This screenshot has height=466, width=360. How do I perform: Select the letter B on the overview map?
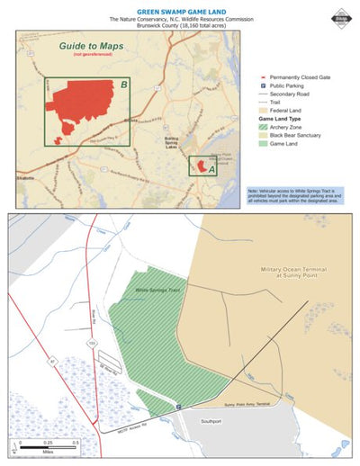click(x=122, y=85)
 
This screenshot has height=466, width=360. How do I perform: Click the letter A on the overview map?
click(x=211, y=168)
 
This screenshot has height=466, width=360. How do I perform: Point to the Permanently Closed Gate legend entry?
click(x=293, y=78)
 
